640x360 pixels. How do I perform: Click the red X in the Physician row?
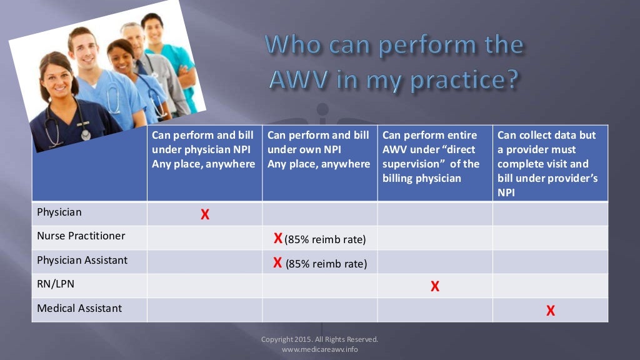[x=204, y=214]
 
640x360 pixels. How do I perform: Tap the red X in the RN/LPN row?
[x=435, y=287]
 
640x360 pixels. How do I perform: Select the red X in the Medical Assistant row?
[x=551, y=311]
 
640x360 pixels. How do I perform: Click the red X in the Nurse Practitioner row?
[x=278, y=238]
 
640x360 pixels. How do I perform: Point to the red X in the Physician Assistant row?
[x=277, y=262]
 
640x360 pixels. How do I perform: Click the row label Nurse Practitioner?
[x=81, y=236]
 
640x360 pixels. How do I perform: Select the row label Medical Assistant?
[x=79, y=309]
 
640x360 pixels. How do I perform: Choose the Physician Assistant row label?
[x=82, y=260]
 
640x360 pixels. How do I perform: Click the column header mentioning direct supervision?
[x=431, y=157]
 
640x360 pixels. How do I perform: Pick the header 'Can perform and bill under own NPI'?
[x=319, y=149]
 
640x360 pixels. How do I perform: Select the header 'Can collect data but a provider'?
[x=547, y=164]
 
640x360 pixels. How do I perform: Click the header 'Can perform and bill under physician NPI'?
[x=204, y=149]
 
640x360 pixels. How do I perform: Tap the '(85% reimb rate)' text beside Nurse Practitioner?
[x=325, y=240]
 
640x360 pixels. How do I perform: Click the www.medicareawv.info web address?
[x=319, y=349]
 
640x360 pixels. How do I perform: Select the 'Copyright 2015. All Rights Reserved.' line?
[x=319, y=339]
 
